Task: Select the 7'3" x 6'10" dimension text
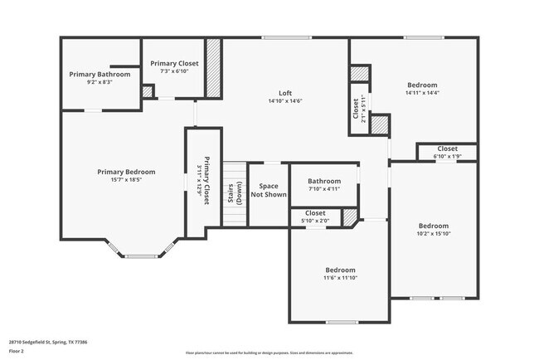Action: click(174, 71)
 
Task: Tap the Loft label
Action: click(284, 93)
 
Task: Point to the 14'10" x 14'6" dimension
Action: click(284, 101)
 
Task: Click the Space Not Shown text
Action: click(269, 191)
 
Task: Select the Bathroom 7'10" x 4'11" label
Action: click(324, 184)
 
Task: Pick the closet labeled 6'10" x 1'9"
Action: click(447, 152)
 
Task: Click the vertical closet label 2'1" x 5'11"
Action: click(357, 109)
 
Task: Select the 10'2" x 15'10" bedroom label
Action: click(433, 230)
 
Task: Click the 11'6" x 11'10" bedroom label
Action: click(340, 275)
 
